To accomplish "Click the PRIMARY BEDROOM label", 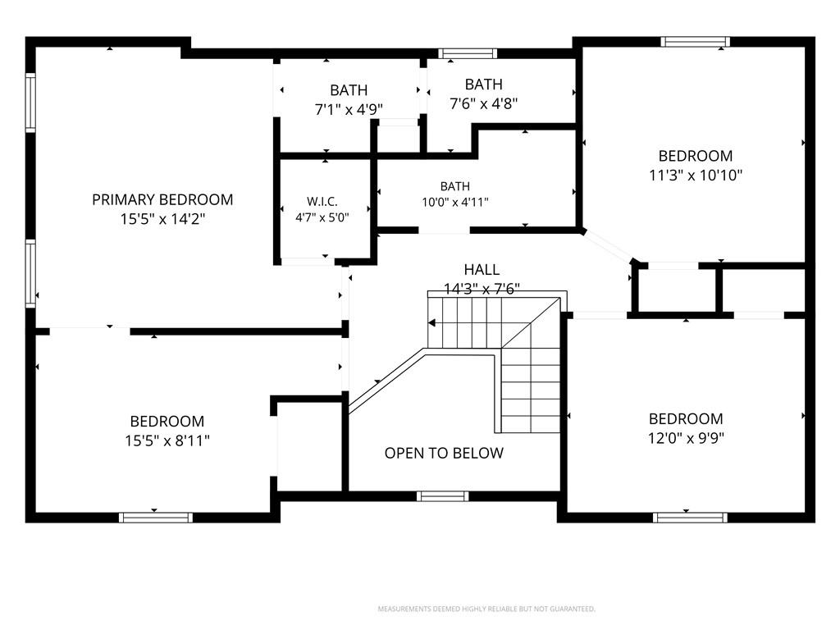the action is (x=162, y=200).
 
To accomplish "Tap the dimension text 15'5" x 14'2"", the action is (x=163, y=219).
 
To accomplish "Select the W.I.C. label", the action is (x=322, y=202).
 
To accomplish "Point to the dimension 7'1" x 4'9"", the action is (x=349, y=110).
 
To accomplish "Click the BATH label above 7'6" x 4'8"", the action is (x=484, y=84).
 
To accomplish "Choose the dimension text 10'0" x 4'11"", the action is (x=455, y=203).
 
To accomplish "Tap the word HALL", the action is (x=482, y=269).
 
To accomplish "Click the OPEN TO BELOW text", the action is (x=444, y=453).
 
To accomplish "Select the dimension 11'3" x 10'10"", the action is (x=696, y=176).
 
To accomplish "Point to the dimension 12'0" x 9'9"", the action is (x=687, y=438).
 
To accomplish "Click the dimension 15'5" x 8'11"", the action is (x=167, y=441).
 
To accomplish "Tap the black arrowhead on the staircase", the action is (x=431, y=323).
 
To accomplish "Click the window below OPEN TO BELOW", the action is (x=442, y=496).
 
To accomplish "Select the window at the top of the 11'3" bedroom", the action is (x=695, y=42).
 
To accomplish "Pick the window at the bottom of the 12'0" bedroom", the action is (x=690, y=518).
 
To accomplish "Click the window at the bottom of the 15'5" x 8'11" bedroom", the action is (x=155, y=518).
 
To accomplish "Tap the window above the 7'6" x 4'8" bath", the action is (x=467, y=53).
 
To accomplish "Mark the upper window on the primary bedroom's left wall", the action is (x=30, y=103).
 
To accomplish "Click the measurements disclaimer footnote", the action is (x=486, y=609).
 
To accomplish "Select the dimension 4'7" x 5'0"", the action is (x=322, y=218).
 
